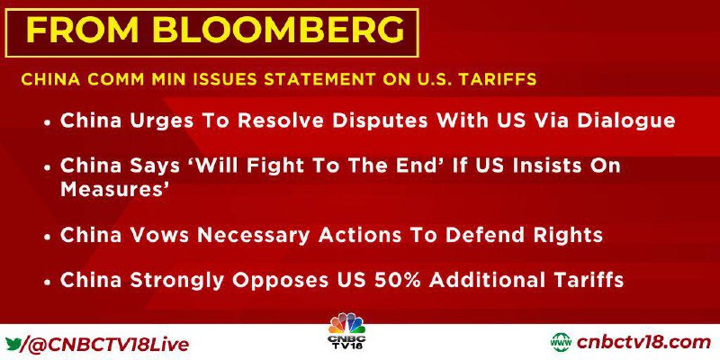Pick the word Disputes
380,121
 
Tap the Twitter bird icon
13,343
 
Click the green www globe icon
561,343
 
